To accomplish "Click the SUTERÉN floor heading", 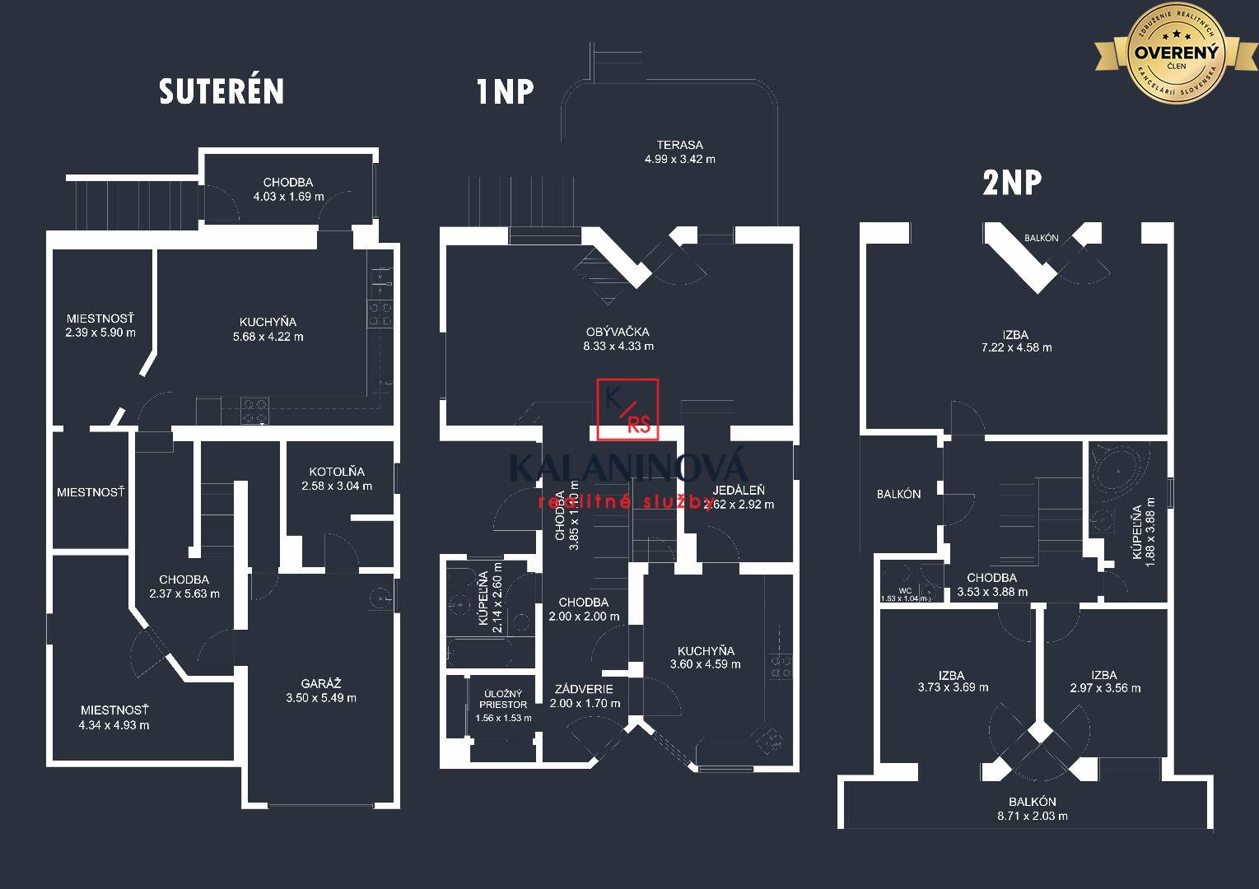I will coord(221,91).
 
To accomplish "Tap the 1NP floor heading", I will coord(505,91).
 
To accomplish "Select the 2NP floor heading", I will coord(1011,182).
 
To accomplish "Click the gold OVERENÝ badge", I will coord(1176,54).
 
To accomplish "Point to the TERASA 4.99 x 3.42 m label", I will coord(679,152).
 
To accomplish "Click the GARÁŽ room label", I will coord(321,691).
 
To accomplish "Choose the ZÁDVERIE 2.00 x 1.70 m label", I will coord(585,696).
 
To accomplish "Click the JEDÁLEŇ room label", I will coord(738,497).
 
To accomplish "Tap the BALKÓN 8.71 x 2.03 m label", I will coord(1032,808).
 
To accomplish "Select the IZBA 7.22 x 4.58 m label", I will coord(1016,341).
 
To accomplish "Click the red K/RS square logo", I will coord(628,409).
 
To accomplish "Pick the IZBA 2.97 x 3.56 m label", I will coord(1105,682).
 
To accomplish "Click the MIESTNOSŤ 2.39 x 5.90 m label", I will coord(100,325).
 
